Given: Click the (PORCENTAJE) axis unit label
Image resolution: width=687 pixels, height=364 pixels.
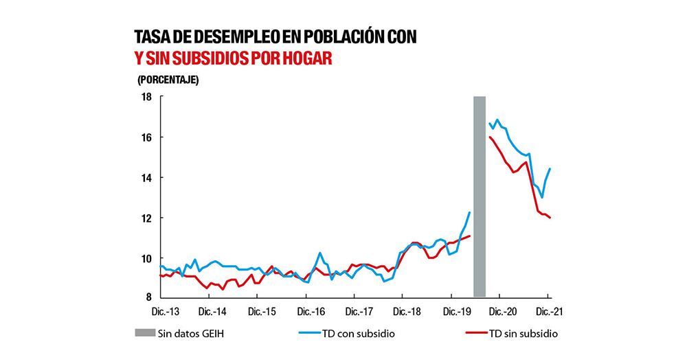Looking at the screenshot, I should point(168,79).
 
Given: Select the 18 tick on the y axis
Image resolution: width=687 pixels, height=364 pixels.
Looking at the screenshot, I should point(146,97).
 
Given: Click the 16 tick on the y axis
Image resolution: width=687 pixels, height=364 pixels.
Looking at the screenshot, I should point(146,137).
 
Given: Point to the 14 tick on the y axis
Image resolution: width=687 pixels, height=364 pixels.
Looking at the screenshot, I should point(146,178).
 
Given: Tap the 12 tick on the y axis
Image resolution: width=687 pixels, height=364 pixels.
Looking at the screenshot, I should point(146,218).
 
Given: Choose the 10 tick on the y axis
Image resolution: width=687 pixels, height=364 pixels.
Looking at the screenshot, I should point(146,258).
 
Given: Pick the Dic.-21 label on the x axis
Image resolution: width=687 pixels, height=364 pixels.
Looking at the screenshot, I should point(548,311).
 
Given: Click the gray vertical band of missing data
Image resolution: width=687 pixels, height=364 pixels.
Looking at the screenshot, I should point(480,196).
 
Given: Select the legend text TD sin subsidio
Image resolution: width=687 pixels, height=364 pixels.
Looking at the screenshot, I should point(526,333).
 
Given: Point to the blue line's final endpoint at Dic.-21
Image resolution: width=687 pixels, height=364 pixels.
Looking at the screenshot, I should point(550,169).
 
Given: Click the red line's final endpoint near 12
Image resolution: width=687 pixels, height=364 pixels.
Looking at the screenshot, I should point(550,218).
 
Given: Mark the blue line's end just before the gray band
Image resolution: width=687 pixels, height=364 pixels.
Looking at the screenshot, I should point(469,213).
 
